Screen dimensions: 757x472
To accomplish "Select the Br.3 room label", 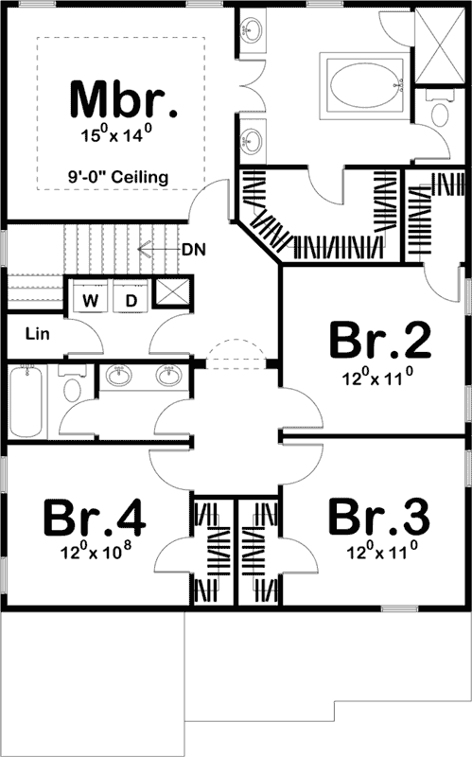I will [x=377, y=518].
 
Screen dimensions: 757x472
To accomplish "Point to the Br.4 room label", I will [x=95, y=518].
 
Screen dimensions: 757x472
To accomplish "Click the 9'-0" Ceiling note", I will [x=119, y=176].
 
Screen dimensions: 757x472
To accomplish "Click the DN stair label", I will [x=194, y=250].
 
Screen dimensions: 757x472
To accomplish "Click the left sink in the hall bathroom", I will [x=119, y=378].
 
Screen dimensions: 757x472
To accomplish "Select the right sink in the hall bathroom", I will [x=168, y=378].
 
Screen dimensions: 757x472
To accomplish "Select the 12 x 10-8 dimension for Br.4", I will [x=95, y=552].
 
